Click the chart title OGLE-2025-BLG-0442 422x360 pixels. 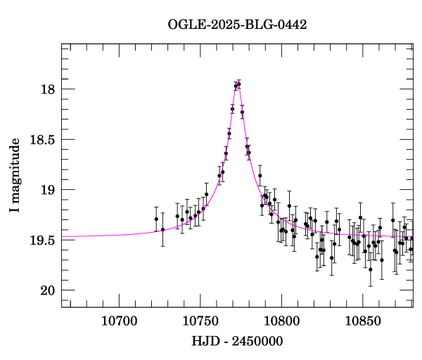click(237, 25)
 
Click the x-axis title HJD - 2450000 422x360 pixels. click(237, 342)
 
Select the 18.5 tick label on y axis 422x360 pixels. click(41, 140)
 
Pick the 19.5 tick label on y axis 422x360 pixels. click(41, 240)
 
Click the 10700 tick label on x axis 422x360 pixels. click(116, 321)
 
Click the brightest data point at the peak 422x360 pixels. click(239, 84)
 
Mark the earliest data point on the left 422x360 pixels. click(156, 219)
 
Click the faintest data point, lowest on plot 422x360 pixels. click(371, 269)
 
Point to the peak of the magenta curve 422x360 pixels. click(238, 84)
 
